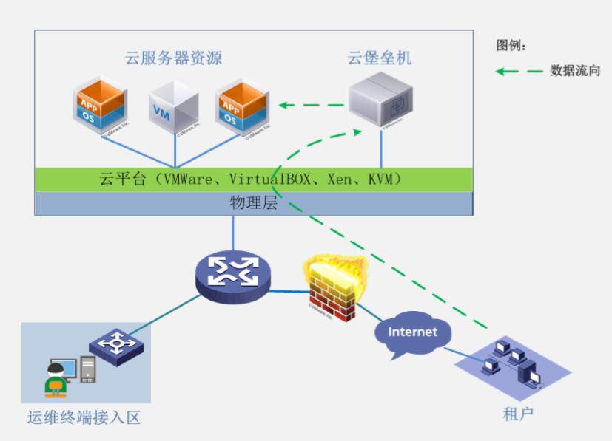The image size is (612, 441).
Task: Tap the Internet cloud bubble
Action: click(412, 333)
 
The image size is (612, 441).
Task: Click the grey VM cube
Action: click(174, 108)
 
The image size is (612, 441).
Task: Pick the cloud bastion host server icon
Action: click(380, 101)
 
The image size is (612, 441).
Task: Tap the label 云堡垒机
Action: click(380, 58)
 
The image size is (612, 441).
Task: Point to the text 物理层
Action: click(253, 203)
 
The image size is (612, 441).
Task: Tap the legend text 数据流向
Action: click(575, 71)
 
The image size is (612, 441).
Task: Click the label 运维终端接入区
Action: click(84, 418)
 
